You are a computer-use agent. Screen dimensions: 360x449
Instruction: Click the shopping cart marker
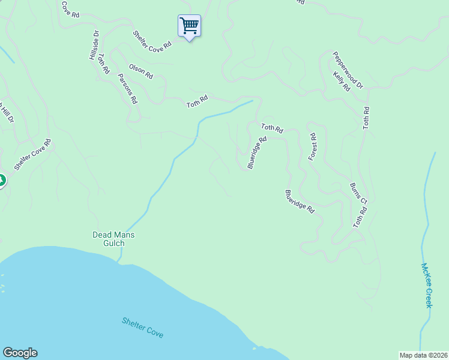[x=189, y=26]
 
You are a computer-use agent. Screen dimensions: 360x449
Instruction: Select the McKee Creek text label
[x=427, y=286]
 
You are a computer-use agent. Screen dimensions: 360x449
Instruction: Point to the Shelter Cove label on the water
[x=142, y=328]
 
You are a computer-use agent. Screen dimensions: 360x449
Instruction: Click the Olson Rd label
[x=141, y=72]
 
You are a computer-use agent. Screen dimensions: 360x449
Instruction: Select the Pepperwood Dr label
[x=349, y=70]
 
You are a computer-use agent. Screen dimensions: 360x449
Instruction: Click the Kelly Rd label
[x=342, y=82]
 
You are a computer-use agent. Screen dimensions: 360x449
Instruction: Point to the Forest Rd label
[x=312, y=147]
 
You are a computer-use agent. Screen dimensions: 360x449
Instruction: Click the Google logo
[x=20, y=353]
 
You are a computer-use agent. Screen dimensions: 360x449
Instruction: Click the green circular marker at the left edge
[x=1, y=181]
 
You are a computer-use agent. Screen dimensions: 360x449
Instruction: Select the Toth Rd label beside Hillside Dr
[x=104, y=64]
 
